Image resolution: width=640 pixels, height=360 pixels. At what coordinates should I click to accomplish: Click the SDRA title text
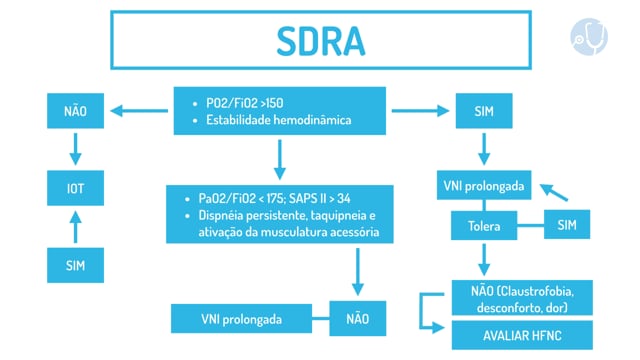pos(321,41)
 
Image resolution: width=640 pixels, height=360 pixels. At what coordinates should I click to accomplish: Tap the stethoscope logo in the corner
pos(589,37)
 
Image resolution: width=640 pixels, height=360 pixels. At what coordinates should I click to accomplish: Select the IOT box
pos(76,188)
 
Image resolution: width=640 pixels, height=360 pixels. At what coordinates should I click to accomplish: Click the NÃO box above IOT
pos(76,111)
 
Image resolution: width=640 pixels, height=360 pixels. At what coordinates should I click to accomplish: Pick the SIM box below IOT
pos(76,265)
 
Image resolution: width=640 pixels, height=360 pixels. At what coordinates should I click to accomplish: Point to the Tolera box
pos(484,226)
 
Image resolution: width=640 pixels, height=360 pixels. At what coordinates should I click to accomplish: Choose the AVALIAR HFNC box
pos(522,336)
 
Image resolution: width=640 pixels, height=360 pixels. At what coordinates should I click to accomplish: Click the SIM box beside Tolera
pos(567,224)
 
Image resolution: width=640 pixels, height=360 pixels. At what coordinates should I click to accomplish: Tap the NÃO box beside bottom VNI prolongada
pos(358,319)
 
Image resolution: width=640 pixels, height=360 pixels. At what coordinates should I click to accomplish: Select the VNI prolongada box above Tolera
pos(484,185)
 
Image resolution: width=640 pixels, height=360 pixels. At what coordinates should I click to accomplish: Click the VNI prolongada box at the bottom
pos(241,319)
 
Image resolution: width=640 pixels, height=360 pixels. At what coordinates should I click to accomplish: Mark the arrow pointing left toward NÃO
pos(139,111)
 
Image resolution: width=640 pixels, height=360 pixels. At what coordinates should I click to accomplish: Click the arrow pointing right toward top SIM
pos(420,111)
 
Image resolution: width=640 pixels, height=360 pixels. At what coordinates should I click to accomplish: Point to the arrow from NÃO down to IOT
pos(76,149)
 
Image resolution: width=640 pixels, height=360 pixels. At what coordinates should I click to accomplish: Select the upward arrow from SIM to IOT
pos(76,227)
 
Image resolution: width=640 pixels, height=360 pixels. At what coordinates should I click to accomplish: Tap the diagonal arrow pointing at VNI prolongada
pos(554,192)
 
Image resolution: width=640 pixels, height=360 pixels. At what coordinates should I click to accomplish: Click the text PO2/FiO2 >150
pos(244,103)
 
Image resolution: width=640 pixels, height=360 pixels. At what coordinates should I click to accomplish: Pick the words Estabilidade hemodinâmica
pos(278,120)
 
